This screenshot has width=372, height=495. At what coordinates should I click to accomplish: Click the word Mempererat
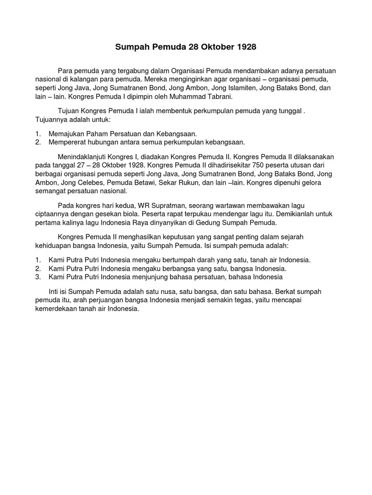66,142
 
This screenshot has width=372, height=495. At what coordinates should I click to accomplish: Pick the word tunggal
289,111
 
